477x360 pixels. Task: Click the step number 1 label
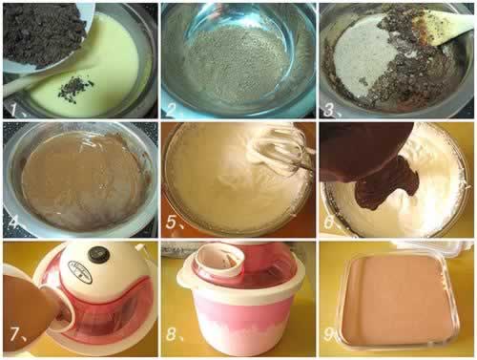16,109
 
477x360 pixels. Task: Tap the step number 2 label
175,110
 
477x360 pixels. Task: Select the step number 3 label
331,110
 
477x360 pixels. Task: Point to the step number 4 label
16,222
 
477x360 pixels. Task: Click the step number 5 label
175,222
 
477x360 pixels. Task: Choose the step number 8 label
175,333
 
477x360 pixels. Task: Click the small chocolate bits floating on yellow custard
75,86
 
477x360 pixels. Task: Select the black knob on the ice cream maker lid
98,255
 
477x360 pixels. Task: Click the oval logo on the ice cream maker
81,272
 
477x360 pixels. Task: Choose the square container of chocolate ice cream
400,301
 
